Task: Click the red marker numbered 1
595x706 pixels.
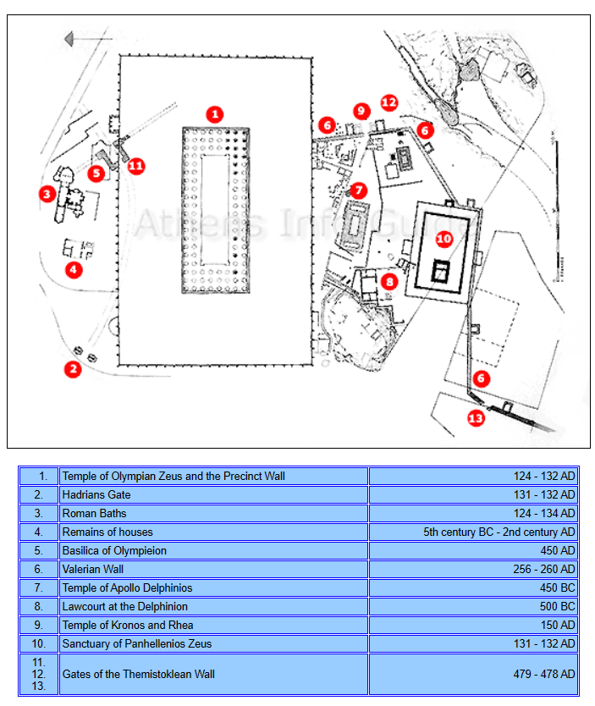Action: (215, 114)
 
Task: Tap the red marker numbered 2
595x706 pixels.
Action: (74, 368)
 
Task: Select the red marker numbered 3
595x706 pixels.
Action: (47, 194)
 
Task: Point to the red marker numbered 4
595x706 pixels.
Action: (74, 270)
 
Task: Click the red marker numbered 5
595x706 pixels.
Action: (96, 174)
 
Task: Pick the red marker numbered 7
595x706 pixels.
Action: (359, 190)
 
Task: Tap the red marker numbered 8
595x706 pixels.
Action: (389, 281)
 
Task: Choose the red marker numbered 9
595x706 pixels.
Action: (361, 111)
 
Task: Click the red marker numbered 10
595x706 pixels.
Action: (444, 239)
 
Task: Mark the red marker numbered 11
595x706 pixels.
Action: (135, 165)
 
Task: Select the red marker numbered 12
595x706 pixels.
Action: (388, 102)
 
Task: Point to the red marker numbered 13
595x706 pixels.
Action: (476, 417)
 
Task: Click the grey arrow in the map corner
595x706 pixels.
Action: (81, 39)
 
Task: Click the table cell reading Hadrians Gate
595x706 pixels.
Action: (213, 494)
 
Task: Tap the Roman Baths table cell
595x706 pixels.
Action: (213, 513)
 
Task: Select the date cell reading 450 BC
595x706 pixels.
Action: (473, 587)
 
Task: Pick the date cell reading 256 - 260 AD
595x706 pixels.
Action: (473, 569)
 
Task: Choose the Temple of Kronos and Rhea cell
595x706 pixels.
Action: (213, 625)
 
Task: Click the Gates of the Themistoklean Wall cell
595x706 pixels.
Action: (213, 674)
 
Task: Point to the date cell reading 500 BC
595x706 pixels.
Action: (473, 606)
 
